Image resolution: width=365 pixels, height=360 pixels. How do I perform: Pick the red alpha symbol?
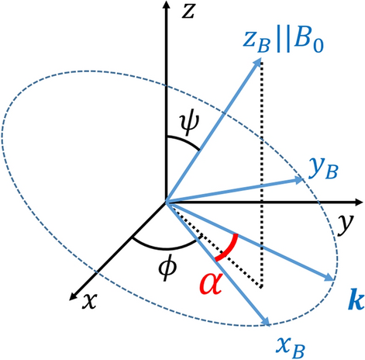pos(209,289)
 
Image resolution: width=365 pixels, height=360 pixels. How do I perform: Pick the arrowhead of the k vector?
pos(334,276)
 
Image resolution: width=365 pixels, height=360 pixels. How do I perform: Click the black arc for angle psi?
pos(185,144)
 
